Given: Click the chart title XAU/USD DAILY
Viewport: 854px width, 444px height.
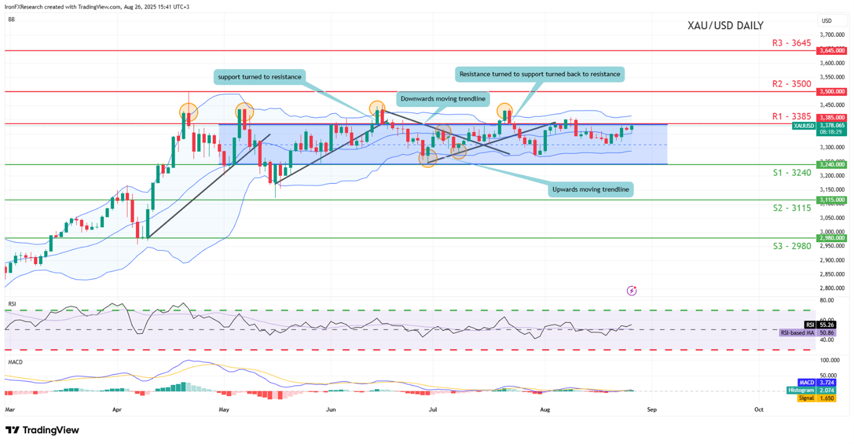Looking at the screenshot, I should pos(725,26).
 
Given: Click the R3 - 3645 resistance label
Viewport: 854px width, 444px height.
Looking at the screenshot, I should pos(791,43).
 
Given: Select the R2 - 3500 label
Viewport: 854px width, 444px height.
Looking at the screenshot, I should pos(791,84).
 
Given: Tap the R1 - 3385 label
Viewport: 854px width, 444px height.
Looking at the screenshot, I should pos(791,116).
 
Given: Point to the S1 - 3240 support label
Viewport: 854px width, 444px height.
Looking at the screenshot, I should pos(792,173).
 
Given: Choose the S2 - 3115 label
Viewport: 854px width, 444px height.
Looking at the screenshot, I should pos(792,208).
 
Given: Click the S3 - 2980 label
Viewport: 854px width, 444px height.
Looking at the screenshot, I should pos(792,246).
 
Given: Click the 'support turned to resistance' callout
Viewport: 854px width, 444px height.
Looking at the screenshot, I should pos(260,77).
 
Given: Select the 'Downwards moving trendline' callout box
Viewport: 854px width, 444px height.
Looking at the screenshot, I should pos(443,99).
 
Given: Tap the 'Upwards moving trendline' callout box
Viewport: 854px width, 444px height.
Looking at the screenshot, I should pos(590,189).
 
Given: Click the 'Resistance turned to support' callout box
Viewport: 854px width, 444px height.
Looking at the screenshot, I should pos(539,74).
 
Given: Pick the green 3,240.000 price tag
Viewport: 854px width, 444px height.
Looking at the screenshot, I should pos(832,164).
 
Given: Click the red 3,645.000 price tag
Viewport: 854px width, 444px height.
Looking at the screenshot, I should pos(832,51).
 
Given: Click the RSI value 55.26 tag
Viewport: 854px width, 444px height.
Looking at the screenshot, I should pos(826,324).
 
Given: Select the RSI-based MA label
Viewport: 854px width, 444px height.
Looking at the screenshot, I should pos(797,333).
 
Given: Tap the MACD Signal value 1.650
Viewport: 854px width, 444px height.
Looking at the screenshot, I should pos(826,398).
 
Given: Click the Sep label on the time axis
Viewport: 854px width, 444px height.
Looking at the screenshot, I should pos(652,410).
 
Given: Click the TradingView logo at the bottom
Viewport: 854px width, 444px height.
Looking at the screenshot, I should pos(42,430).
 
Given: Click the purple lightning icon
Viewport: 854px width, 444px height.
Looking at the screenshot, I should pos(632,291).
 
